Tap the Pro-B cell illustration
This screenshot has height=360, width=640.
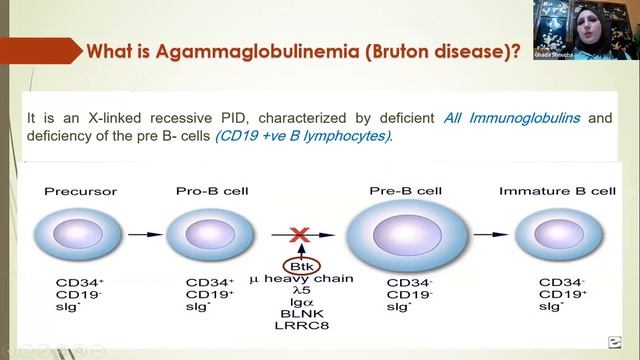[205, 234]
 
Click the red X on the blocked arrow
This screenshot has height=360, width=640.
[297, 234]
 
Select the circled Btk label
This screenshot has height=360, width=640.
[297, 265]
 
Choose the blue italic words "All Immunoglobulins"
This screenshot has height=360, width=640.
[514, 119]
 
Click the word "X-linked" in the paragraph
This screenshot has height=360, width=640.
[112, 119]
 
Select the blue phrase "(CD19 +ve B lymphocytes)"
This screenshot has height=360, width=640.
[304, 137]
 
